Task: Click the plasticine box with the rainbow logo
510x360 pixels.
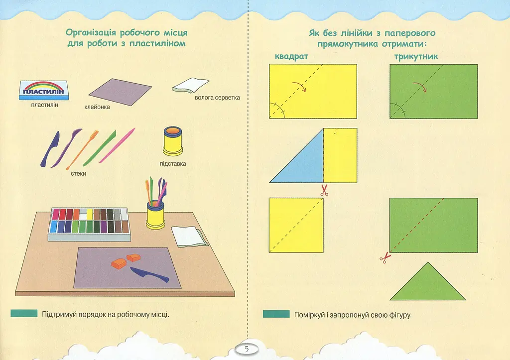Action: pyautogui.click(x=44, y=91)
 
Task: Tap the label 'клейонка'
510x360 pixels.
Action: pyautogui.click(x=97, y=107)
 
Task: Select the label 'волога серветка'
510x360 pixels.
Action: pyautogui.click(x=217, y=98)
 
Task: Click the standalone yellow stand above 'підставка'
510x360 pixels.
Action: pyautogui.click(x=173, y=141)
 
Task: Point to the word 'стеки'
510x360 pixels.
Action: pyautogui.click(x=78, y=174)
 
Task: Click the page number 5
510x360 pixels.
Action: pyautogui.click(x=247, y=349)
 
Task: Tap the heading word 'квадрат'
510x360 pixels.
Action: pyautogui.click(x=291, y=57)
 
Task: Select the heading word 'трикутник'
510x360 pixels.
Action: pyautogui.click(x=416, y=57)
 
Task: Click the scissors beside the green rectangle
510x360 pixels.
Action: pyautogui.click(x=385, y=257)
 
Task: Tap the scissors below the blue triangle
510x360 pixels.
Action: pyautogui.click(x=324, y=190)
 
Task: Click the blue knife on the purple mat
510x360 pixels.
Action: pyautogui.click(x=149, y=274)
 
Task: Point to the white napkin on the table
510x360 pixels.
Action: pyautogui.click(x=189, y=237)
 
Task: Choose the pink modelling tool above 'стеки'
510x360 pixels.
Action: pyautogui.click(x=117, y=145)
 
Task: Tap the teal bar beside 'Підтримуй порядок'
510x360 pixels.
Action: pyautogui.click(x=24, y=313)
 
